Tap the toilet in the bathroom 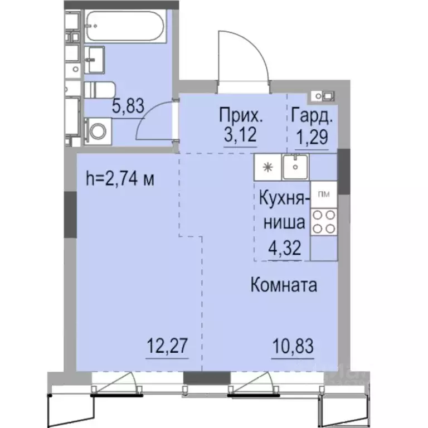point(100,90)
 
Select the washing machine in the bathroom point(99,132)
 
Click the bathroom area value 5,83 point(128,106)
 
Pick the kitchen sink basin point(295,167)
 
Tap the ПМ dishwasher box point(323,194)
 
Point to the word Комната point(284,286)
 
